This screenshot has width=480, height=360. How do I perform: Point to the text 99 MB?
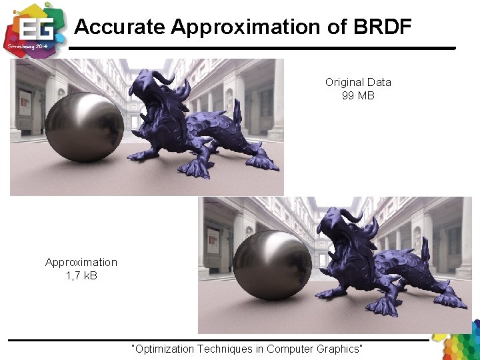(358, 95)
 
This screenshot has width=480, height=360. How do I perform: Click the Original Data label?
(358, 82)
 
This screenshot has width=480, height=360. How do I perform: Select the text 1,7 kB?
(81, 275)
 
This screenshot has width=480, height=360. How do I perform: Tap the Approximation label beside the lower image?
(81, 262)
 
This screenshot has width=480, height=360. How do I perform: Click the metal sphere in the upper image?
(84, 127)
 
